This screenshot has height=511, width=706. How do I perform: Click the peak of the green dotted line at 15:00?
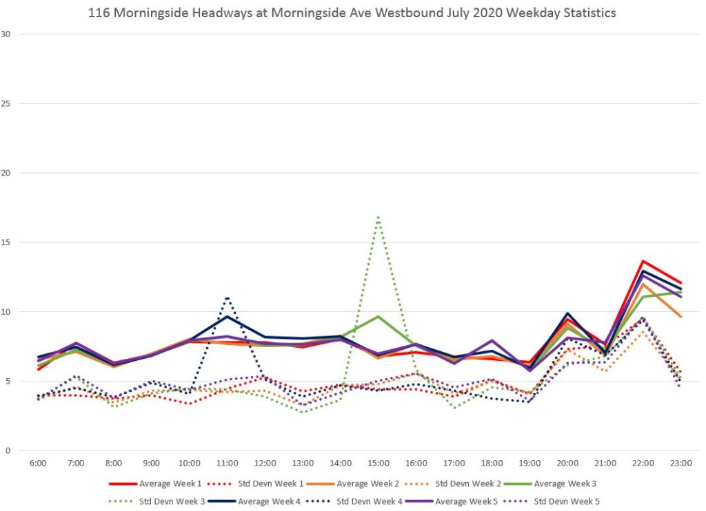click(379, 217)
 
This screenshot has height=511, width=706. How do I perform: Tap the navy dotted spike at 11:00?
click(227, 298)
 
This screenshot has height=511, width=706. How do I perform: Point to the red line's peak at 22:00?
click(643, 261)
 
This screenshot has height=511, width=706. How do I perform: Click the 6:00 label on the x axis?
click(38, 463)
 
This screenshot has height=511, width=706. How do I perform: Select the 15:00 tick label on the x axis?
click(379, 463)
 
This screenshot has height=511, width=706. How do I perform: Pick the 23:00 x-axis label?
click(680, 463)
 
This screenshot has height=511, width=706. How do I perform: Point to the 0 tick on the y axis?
click(8, 450)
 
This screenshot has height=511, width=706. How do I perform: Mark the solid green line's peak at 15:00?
click(379, 317)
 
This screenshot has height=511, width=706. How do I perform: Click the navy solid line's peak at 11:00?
click(227, 317)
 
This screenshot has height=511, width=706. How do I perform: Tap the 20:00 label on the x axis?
click(567, 463)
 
